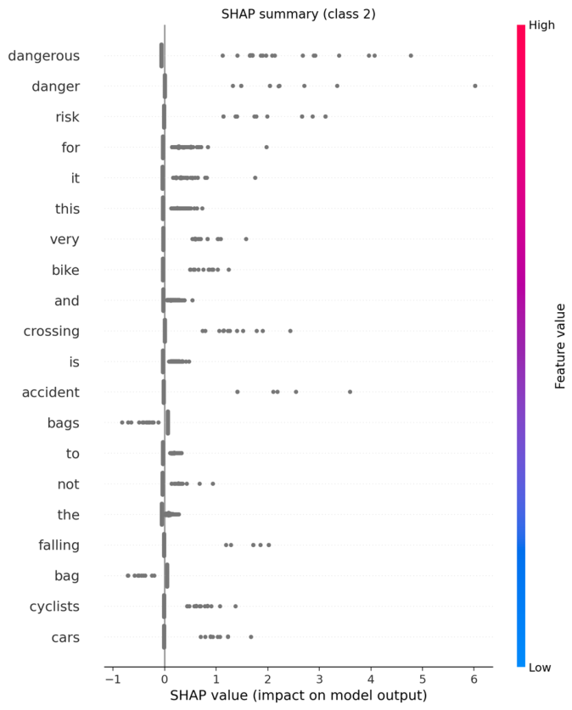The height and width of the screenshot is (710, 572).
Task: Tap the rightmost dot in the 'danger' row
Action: (475, 86)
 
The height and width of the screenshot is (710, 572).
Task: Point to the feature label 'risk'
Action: (66, 117)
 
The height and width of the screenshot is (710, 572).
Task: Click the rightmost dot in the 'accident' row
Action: (350, 392)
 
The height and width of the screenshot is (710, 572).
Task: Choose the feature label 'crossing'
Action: (51, 331)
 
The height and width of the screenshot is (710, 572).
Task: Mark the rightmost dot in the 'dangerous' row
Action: (411, 56)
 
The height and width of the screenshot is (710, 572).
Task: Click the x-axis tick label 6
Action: (474, 679)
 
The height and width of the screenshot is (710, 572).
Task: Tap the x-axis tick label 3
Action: (319, 679)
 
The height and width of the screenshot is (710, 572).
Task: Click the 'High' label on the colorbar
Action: (541, 25)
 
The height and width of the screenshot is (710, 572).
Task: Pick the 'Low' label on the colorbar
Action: (540, 668)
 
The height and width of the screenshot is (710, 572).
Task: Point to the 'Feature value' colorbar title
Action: (560, 346)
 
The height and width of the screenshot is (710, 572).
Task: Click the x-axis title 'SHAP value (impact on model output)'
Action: (298, 696)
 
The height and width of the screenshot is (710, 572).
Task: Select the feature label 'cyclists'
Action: (52, 607)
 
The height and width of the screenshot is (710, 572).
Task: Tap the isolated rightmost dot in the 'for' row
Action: (266, 147)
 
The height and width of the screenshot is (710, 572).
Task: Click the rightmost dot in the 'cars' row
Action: (250, 636)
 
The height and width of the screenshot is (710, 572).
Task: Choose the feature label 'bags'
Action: (61, 422)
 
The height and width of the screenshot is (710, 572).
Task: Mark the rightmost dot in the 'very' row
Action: (246, 239)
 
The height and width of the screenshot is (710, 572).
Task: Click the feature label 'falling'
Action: (59, 545)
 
